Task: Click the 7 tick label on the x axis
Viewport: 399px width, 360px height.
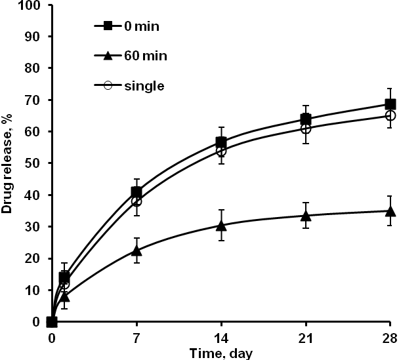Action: click(x=136, y=337)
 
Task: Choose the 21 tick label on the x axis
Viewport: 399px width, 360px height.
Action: click(x=305, y=337)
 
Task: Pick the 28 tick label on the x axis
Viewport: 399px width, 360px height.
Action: click(x=390, y=337)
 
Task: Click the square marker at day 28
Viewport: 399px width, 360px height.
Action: click(x=390, y=104)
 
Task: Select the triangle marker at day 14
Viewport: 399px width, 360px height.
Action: click(x=221, y=226)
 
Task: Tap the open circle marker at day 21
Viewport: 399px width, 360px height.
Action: click(x=306, y=129)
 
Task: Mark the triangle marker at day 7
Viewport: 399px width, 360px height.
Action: click(x=136, y=250)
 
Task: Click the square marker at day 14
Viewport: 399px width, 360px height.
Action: click(x=221, y=142)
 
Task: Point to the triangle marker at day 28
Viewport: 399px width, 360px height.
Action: click(x=390, y=211)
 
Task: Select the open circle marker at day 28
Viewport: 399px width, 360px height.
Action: click(x=390, y=115)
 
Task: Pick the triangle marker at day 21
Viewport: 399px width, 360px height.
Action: click(x=306, y=216)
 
